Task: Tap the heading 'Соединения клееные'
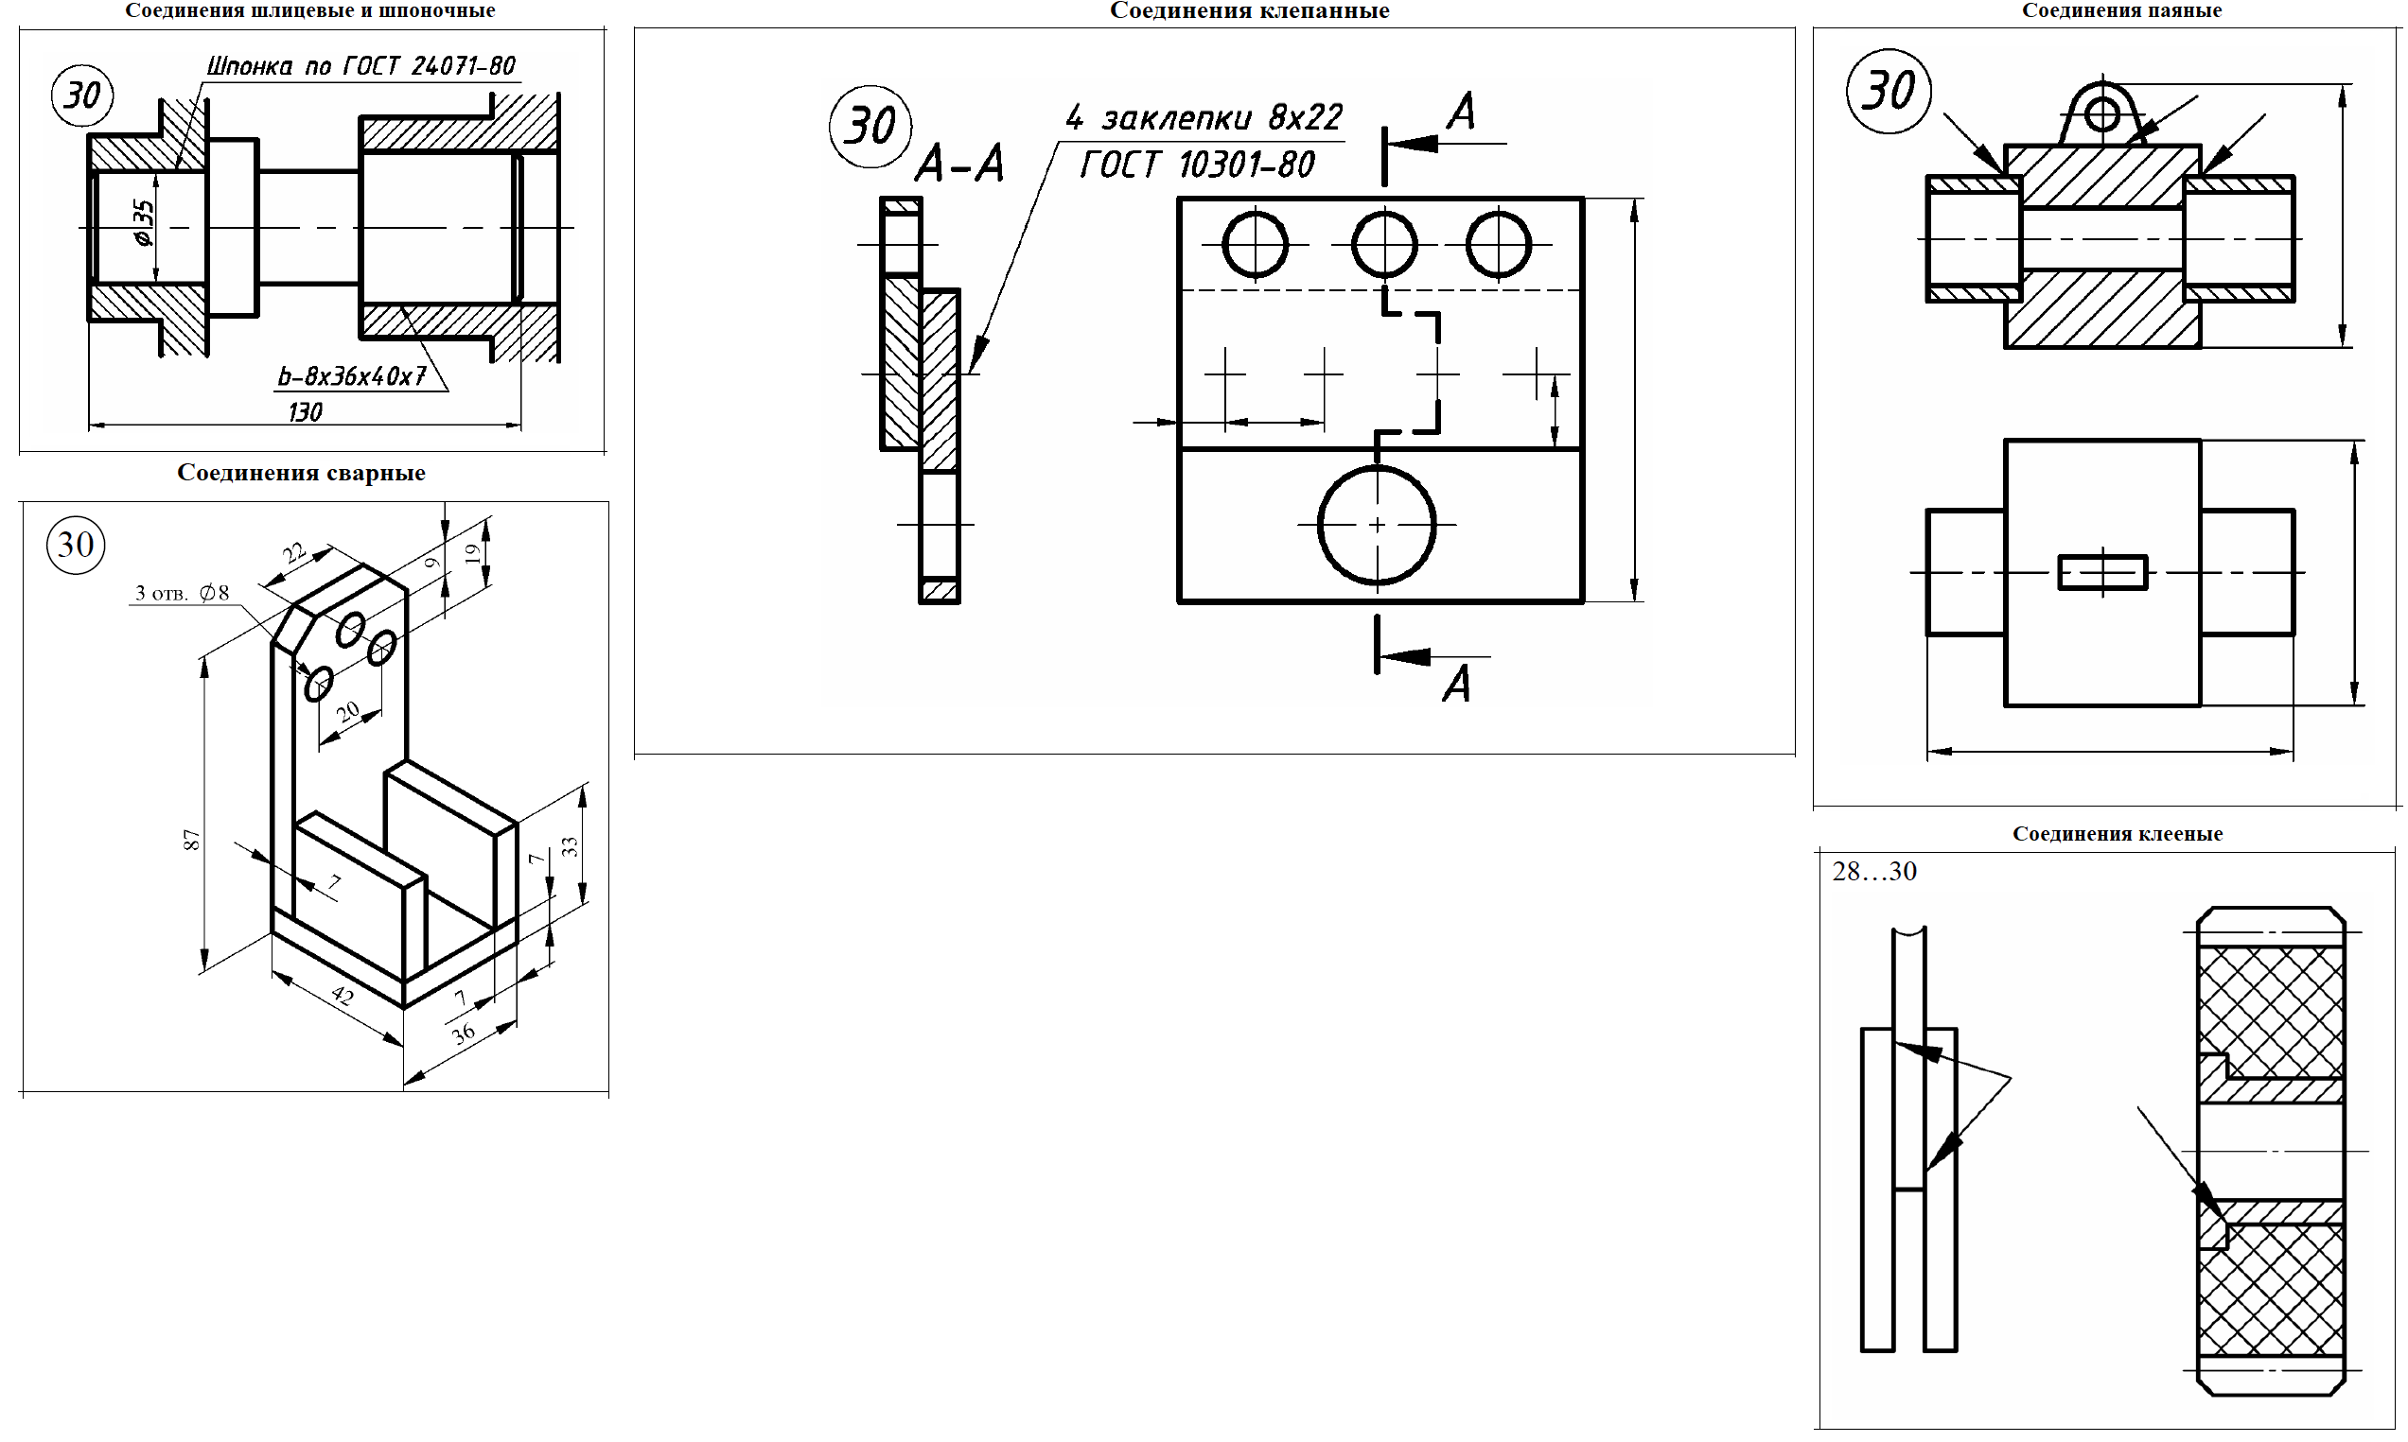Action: click(2117, 834)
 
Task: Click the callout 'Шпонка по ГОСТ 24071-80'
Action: click(360, 66)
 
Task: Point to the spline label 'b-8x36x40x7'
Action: click(352, 376)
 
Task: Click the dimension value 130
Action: click(306, 412)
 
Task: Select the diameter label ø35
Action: click(144, 223)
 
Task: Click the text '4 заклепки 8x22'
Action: click(1204, 118)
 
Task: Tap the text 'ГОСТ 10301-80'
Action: click(1197, 165)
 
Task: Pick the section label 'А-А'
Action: click(959, 165)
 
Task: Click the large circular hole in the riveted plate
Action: click(1376, 525)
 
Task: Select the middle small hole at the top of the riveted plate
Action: click(1383, 244)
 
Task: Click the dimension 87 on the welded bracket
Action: click(191, 840)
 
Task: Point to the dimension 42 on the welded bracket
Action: click(343, 995)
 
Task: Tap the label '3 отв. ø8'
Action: click(182, 593)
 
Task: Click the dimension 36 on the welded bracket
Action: click(464, 1032)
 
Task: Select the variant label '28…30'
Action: click(1873, 872)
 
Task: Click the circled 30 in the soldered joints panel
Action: click(1888, 92)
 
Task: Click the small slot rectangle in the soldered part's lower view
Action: click(2101, 572)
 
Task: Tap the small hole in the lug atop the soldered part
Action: click(2101, 114)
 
